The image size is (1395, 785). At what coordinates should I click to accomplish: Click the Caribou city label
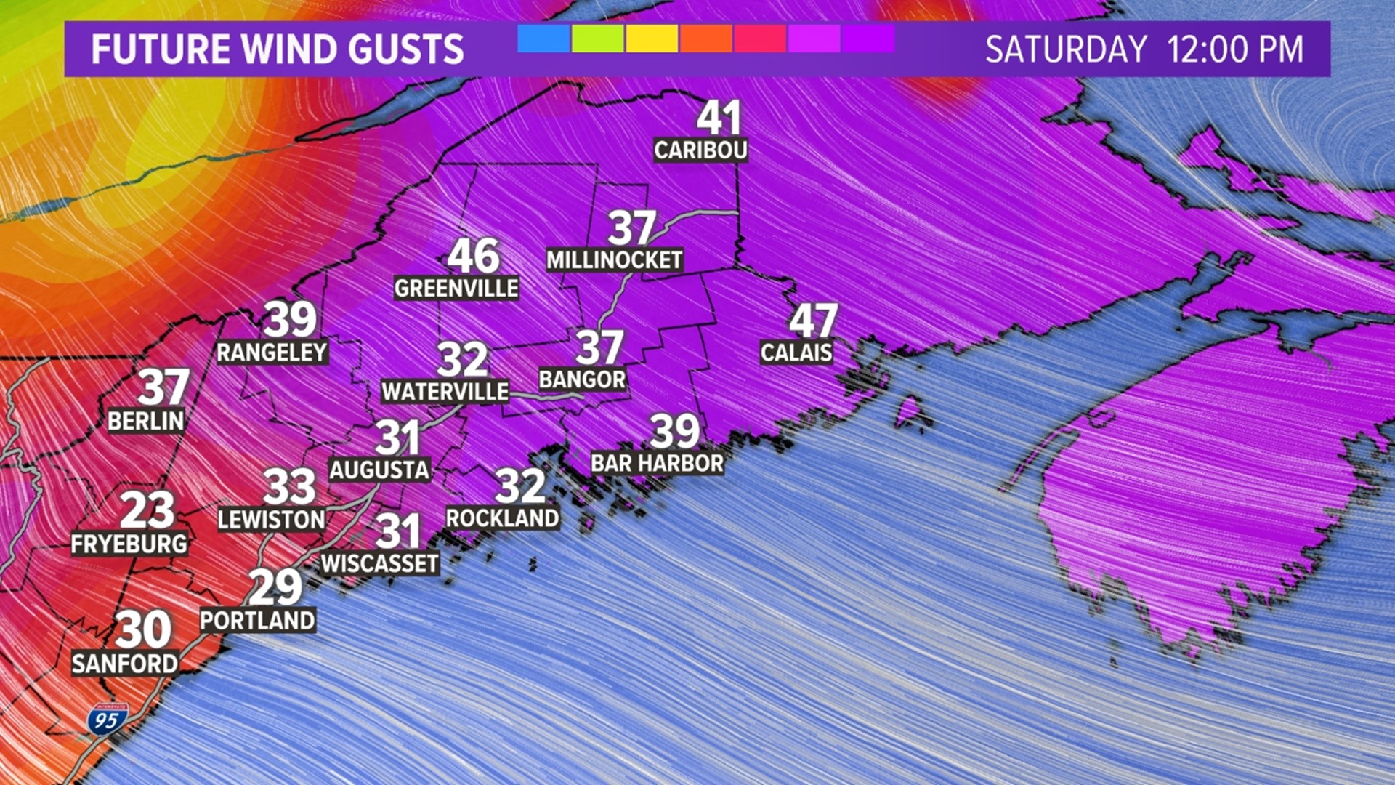click(x=700, y=150)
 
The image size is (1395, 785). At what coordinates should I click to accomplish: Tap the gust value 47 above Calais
click(x=813, y=320)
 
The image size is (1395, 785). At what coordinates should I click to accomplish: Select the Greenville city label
click(x=456, y=289)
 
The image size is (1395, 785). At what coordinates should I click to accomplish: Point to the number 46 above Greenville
click(x=474, y=256)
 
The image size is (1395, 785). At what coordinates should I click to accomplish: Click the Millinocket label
click(x=615, y=260)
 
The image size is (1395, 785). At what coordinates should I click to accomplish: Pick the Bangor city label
click(x=582, y=379)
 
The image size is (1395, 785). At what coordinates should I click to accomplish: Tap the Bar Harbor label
click(x=657, y=463)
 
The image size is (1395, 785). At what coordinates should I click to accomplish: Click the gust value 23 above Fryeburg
click(x=147, y=510)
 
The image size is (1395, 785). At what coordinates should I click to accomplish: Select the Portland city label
click(x=257, y=621)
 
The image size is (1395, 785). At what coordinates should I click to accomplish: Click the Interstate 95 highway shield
click(x=107, y=720)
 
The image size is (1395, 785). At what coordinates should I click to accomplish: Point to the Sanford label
click(x=125, y=664)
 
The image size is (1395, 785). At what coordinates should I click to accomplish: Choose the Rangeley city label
click(x=272, y=353)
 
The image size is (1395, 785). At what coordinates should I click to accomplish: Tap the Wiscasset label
click(x=379, y=563)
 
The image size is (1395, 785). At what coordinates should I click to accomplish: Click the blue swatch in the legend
click(x=543, y=39)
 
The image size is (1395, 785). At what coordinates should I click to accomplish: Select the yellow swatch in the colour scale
click(x=652, y=39)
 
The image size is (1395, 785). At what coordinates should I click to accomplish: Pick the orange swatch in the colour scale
click(x=705, y=39)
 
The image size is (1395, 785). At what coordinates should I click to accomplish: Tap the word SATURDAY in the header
click(x=1065, y=49)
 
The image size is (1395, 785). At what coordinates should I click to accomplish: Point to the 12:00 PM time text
click(x=1235, y=49)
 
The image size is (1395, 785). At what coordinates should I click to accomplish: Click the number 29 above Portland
click(x=275, y=587)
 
